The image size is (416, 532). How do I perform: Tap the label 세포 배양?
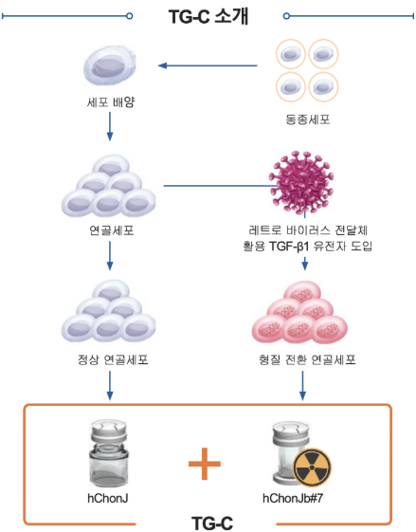110,100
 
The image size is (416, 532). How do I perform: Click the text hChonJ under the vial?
111,497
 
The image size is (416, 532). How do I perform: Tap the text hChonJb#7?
303,497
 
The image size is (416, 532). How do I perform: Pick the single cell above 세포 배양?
111,64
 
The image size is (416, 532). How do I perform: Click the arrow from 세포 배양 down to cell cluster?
111,125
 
